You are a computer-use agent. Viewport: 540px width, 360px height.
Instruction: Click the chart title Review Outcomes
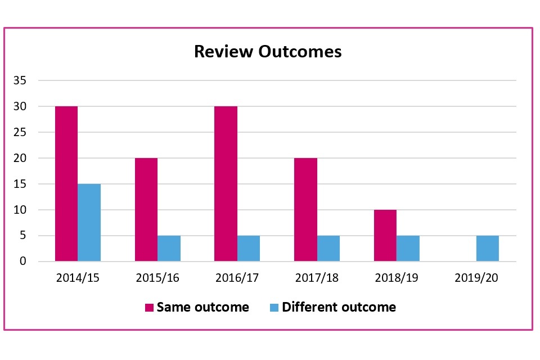pos(268,52)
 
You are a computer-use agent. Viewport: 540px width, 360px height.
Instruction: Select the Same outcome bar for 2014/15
pos(66,183)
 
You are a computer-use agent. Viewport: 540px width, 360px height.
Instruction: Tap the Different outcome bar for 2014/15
pos(89,222)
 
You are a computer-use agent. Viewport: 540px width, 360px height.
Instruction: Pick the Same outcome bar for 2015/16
pos(146,209)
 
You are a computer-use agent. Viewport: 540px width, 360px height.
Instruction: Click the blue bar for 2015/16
pos(169,248)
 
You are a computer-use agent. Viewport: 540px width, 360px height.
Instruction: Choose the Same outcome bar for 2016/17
pos(226,183)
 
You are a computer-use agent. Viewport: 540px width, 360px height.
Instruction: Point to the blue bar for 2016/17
pos(249,248)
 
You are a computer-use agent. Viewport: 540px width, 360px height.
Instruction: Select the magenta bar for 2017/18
pos(306,209)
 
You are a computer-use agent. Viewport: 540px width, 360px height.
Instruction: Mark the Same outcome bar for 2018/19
pos(385,235)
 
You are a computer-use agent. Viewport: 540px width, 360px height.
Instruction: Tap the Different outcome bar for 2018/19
pos(408,248)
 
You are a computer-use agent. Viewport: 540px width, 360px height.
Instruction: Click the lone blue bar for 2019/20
pos(488,248)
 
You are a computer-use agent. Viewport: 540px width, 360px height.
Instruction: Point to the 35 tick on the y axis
pos(20,80)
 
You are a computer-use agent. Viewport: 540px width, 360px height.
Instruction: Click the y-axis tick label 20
pos(20,158)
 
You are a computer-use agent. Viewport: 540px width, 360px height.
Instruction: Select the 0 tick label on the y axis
pos(22,262)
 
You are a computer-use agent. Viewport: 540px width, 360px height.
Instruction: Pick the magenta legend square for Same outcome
pos(150,308)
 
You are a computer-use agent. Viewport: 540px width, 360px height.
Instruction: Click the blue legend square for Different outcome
pos(274,308)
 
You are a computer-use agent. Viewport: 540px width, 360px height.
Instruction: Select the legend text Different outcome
pos(339,307)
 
